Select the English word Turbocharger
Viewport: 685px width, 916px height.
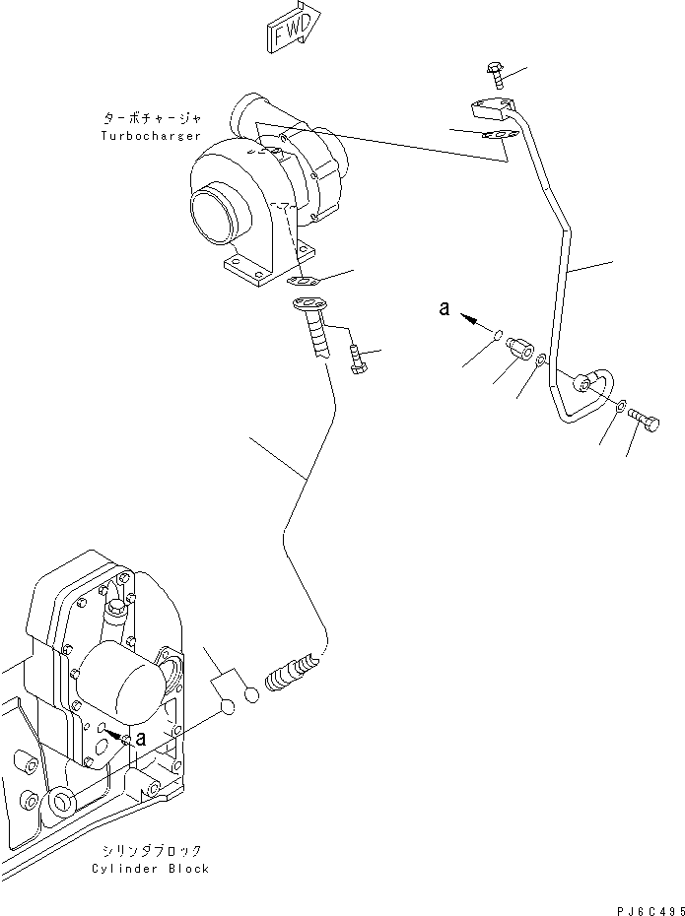[151, 135]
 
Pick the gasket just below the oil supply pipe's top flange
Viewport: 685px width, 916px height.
[498, 138]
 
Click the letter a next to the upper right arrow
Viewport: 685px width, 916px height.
[445, 309]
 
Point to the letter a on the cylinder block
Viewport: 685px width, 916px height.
[143, 737]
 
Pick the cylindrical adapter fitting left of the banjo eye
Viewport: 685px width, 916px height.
[520, 352]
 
